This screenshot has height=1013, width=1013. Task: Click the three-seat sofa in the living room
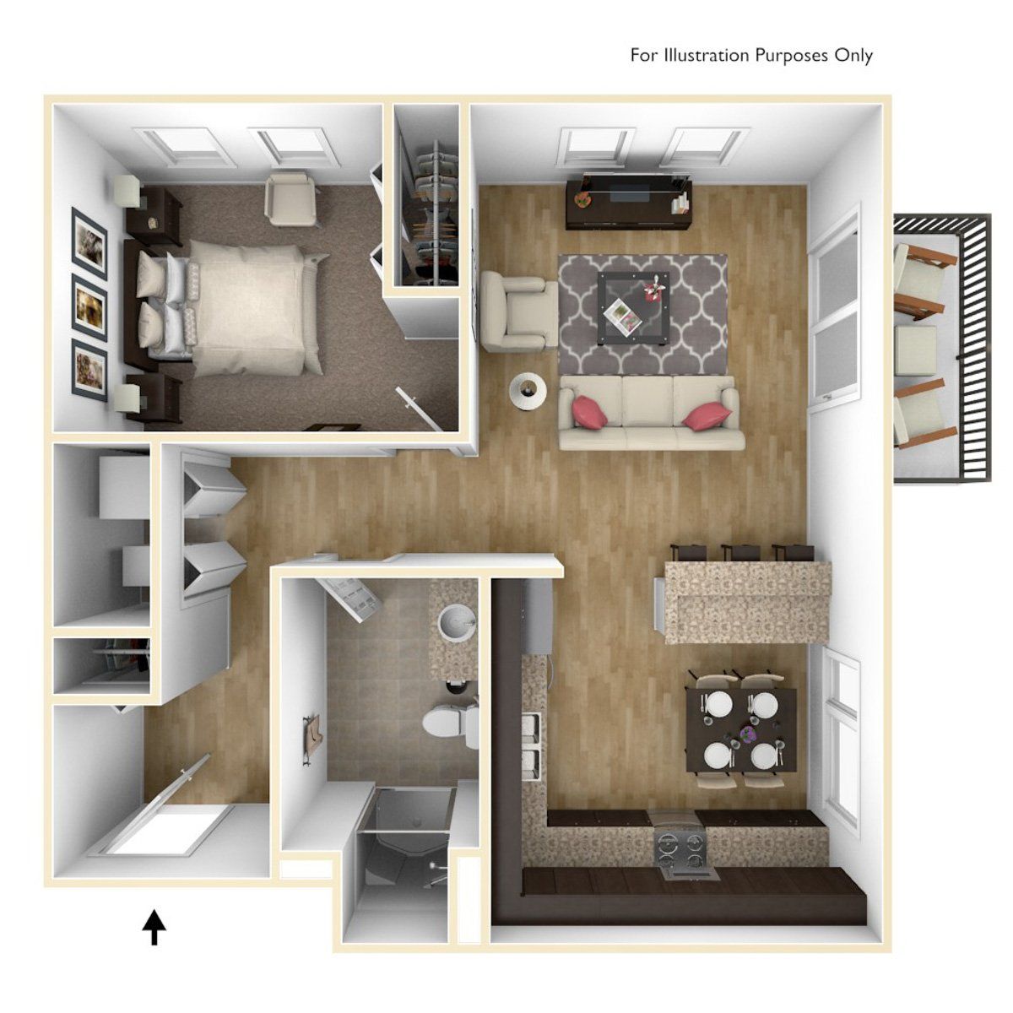pos(650,414)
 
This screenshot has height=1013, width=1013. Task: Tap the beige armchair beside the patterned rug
pos(517,312)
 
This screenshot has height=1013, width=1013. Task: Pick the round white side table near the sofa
pos(528,391)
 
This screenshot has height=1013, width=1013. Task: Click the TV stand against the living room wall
pos(628,203)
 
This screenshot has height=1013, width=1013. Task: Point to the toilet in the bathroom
pos(447,724)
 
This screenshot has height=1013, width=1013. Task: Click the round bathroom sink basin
pos(458,623)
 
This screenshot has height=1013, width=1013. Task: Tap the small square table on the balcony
pos(916,350)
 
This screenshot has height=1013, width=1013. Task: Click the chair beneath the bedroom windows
pos(291,198)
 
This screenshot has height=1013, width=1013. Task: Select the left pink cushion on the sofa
pos(590,412)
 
